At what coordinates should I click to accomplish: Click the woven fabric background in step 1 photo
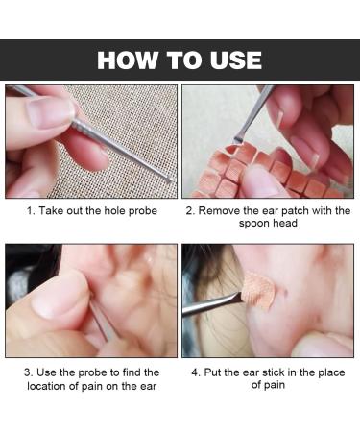[x=134, y=110]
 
